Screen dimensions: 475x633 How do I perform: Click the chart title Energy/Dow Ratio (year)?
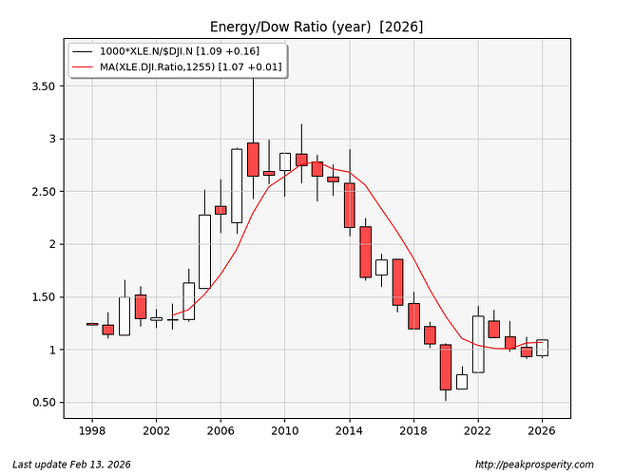(x=316, y=26)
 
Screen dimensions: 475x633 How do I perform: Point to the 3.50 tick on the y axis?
(x=41, y=86)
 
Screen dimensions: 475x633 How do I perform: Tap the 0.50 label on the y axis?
(x=41, y=403)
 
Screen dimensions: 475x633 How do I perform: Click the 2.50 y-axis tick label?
(x=41, y=192)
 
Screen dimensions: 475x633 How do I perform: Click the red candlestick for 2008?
(x=253, y=160)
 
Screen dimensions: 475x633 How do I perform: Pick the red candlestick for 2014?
(x=349, y=205)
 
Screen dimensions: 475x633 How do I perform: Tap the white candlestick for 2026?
(x=542, y=348)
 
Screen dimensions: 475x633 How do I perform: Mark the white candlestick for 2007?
(x=237, y=185)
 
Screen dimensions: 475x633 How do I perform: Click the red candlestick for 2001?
(x=140, y=306)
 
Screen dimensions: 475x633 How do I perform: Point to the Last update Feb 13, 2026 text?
(x=66, y=465)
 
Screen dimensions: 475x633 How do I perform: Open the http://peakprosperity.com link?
(x=534, y=465)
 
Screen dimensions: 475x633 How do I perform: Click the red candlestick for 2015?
(x=365, y=252)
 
